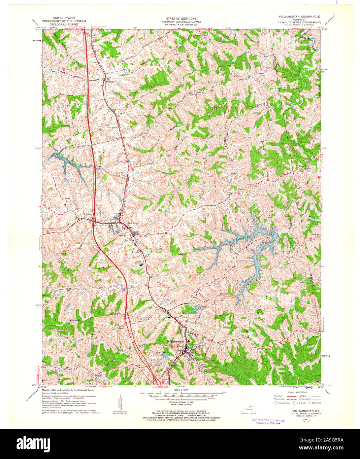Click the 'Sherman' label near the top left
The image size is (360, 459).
[x=110, y=81]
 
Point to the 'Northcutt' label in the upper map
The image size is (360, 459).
[x=199, y=92]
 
